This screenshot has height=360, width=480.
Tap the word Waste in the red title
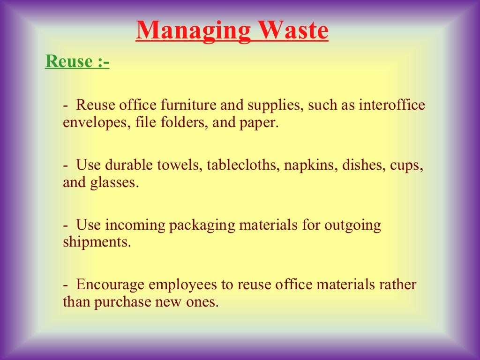pos(292,30)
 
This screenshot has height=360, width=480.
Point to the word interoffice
pos(392,105)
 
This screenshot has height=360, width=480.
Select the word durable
pos(126,165)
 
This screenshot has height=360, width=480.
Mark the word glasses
pos(114,182)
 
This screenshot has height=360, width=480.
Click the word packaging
pos(202,225)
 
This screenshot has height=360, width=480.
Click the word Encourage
pos(110,285)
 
